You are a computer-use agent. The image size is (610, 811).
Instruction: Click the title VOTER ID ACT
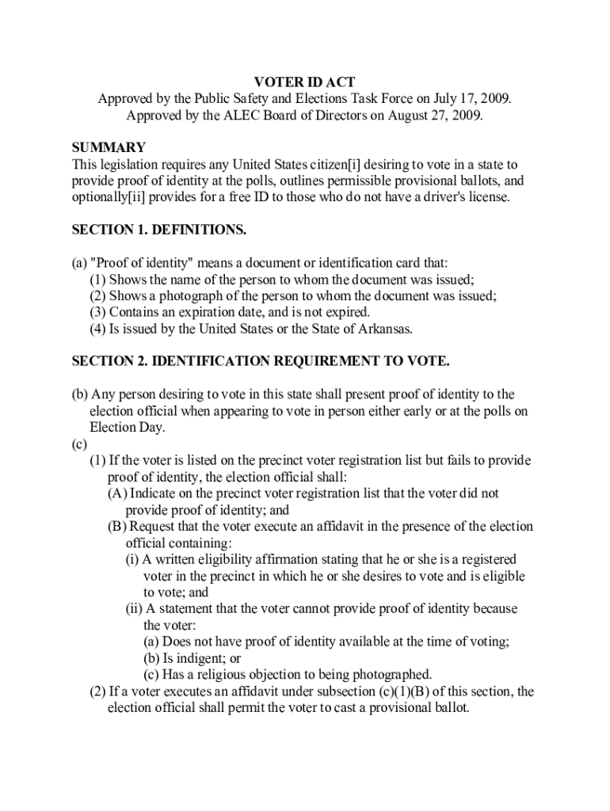click(x=304, y=82)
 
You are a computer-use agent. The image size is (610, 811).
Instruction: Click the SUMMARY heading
click(x=109, y=148)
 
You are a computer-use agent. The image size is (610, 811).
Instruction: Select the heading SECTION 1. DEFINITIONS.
click(x=159, y=230)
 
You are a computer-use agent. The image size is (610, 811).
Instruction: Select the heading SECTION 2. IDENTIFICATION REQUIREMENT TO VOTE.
click(x=261, y=362)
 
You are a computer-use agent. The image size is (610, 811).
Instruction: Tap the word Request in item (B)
click(x=154, y=527)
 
